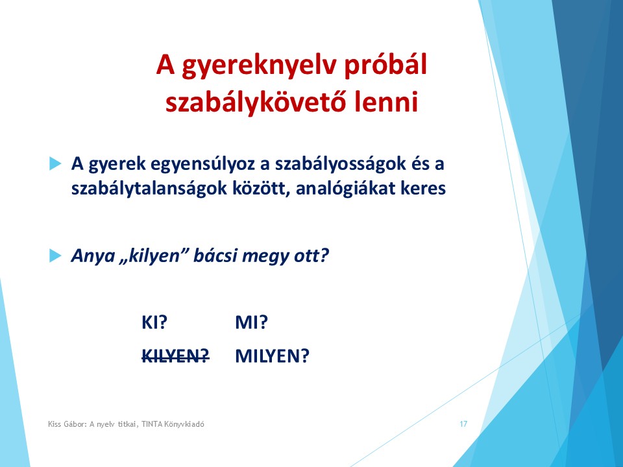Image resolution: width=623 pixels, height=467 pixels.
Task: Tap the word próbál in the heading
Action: (385, 65)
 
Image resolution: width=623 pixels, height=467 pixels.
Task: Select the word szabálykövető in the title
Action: (255, 102)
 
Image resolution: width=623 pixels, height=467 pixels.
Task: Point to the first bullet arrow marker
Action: (55, 163)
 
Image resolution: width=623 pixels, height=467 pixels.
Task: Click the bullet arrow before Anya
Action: (55, 256)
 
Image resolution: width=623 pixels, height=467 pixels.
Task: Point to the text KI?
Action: (154, 322)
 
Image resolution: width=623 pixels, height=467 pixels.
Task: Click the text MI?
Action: (252, 322)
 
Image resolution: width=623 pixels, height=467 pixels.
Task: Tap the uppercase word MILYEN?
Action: (272, 356)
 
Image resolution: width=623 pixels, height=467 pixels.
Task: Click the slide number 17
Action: (463, 424)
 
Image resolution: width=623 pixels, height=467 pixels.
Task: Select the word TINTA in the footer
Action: (152, 424)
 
